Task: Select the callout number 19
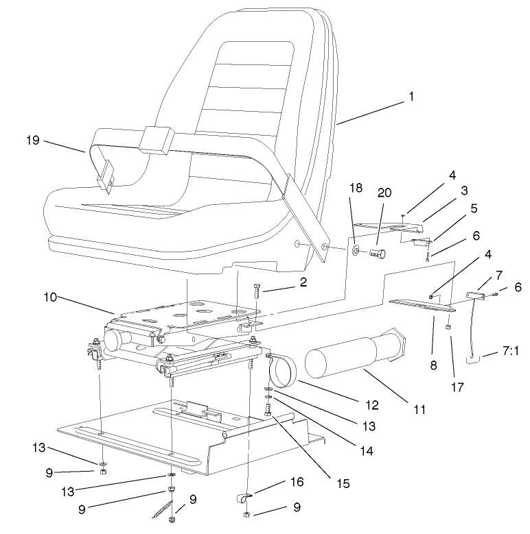tap(33, 141)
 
